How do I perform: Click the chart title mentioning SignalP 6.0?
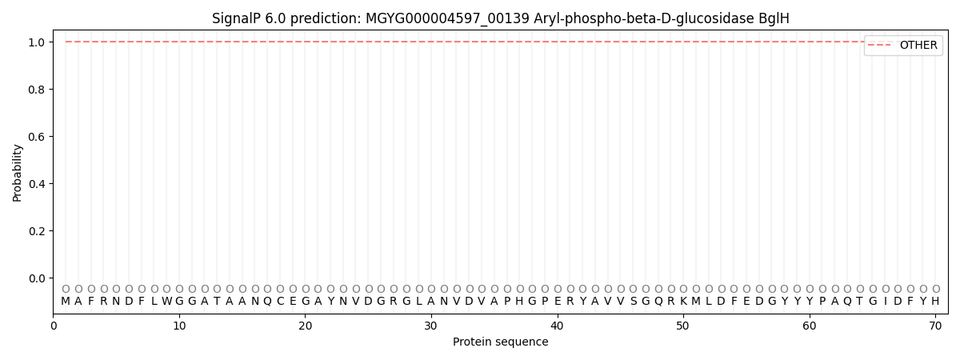(x=500, y=18)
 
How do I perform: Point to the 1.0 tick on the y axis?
(x=37, y=42)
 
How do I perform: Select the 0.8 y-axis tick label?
(x=37, y=90)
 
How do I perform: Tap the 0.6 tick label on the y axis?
(x=37, y=137)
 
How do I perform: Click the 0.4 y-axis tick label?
(x=37, y=184)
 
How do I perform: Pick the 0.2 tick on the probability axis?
(x=37, y=231)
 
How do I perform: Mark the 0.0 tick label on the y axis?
(x=37, y=278)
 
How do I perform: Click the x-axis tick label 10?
(x=179, y=326)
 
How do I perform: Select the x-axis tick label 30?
(x=431, y=326)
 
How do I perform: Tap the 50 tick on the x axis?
(x=683, y=326)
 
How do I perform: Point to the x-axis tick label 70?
(x=935, y=326)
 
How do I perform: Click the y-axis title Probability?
(x=18, y=172)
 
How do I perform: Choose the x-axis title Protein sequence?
(x=500, y=342)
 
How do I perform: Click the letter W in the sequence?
(x=166, y=302)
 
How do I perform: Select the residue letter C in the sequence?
(x=280, y=302)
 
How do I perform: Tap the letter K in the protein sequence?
(x=683, y=302)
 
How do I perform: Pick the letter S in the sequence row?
(x=633, y=302)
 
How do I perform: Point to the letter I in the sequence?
(x=885, y=302)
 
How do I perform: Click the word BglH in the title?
(x=774, y=18)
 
